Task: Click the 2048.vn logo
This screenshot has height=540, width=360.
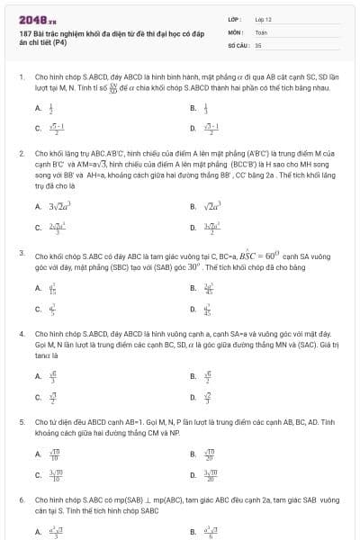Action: click(33, 19)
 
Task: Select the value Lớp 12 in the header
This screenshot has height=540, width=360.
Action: click(263, 19)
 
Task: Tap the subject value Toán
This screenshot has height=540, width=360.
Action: click(261, 31)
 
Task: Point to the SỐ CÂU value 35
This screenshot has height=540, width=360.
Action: click(258, 44)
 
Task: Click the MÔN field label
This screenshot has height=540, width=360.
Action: click(234, 31)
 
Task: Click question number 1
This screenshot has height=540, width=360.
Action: click(21, 77)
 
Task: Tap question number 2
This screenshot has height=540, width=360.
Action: click(21, 153)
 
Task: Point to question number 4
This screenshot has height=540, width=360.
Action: click(21, 333)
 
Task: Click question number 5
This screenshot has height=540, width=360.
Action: click(21, 420)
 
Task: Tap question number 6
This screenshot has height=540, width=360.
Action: click(21, 498)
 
